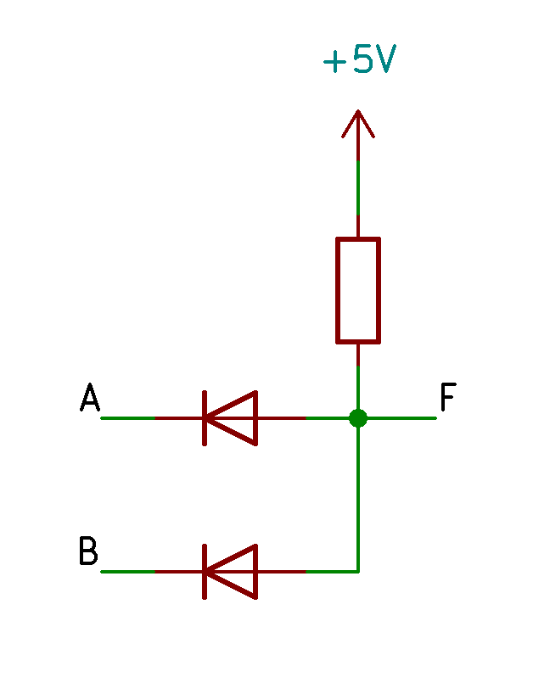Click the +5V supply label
click(359, 59)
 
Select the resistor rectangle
click(358, 290)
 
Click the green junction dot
click(358, 418)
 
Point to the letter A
click(90, 397)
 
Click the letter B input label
click(88, 551)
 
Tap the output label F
click(448, 397)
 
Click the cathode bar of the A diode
click(205, 418)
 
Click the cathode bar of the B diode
click(205, 572)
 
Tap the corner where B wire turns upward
click(358, 572)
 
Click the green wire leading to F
click(401, 418)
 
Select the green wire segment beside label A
click(128, 418)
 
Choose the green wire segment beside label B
click(128, 572)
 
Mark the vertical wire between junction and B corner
click(358, 499)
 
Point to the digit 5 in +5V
click(362, 59)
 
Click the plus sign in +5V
click(334, 62)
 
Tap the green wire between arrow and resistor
click(358, 187)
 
